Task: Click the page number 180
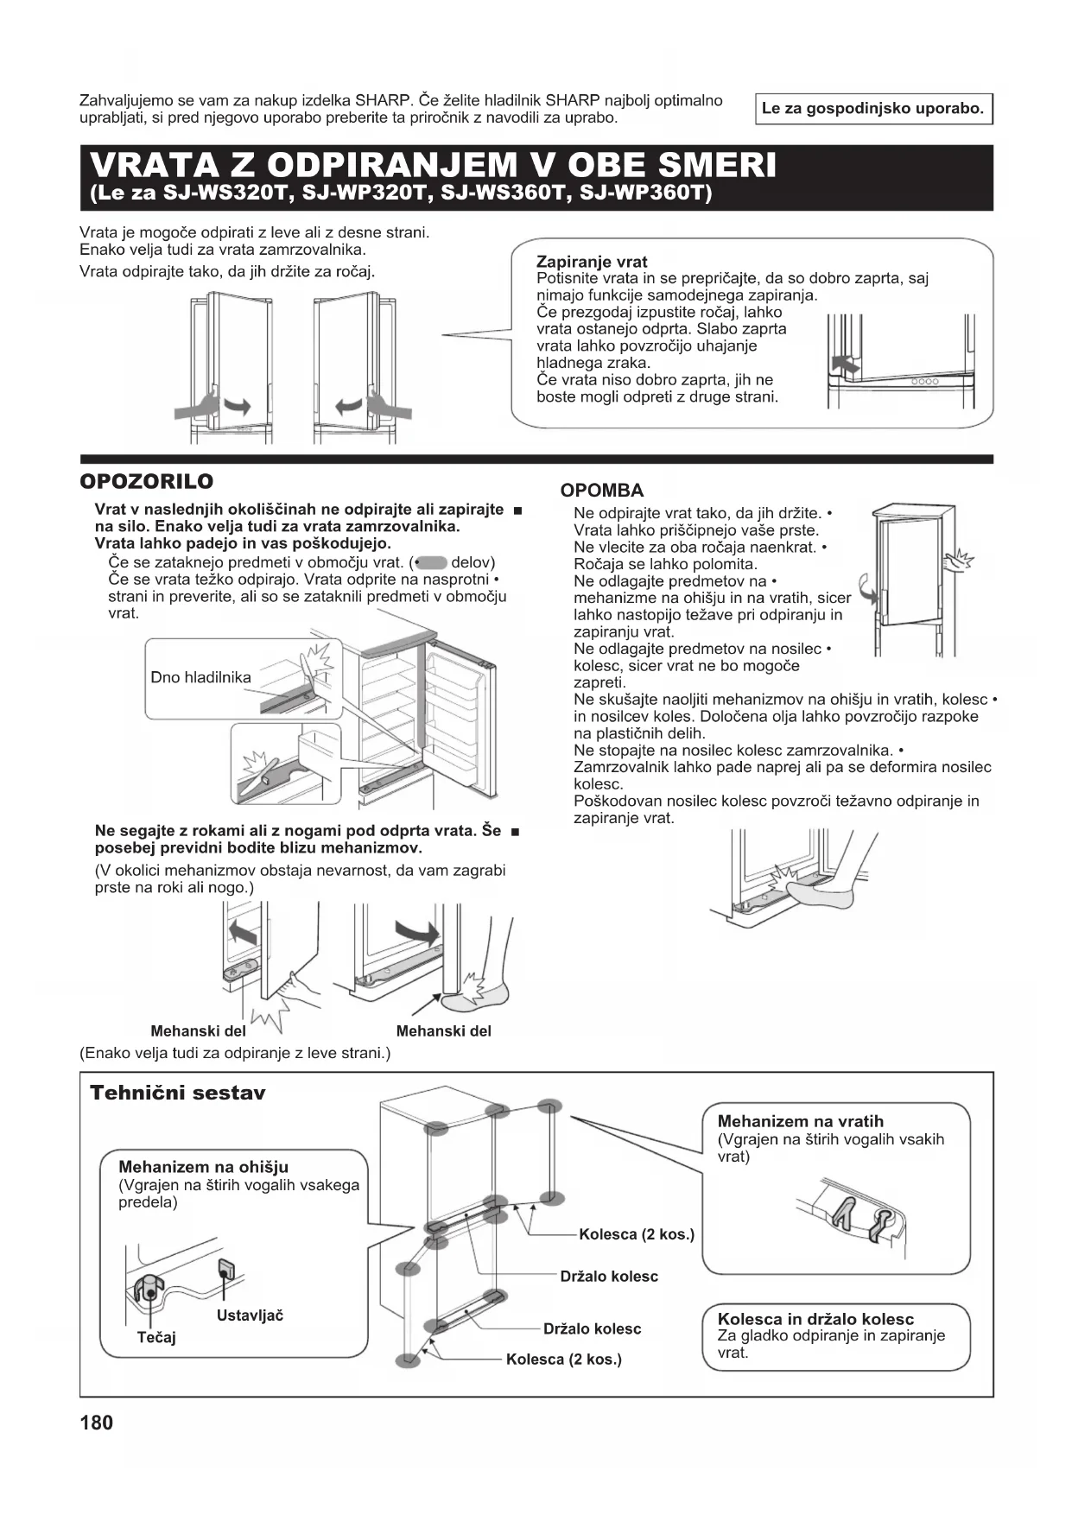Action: (96, 1423)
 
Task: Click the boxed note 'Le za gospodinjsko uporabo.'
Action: (872, 109)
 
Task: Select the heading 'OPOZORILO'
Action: (146, 481)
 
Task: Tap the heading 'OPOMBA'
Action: (602, 491)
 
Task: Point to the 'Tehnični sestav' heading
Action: (178, 1093)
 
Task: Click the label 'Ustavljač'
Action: (250, 1315)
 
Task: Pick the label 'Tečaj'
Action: (156, 1337)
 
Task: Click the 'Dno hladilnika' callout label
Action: (200, 677)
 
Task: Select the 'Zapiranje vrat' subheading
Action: (592, 262)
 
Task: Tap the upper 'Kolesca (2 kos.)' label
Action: (637, 1234)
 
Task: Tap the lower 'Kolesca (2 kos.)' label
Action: (564, 1360)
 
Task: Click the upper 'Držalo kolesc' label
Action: (609, 1276)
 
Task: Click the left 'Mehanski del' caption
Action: (198, 1030)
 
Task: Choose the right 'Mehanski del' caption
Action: (443, 1030)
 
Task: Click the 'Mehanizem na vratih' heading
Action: (800, 1121)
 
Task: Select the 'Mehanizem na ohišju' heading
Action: (203, 1167)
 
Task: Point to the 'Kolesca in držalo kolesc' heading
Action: (815, 1319)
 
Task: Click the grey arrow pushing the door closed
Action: (847, 364)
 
